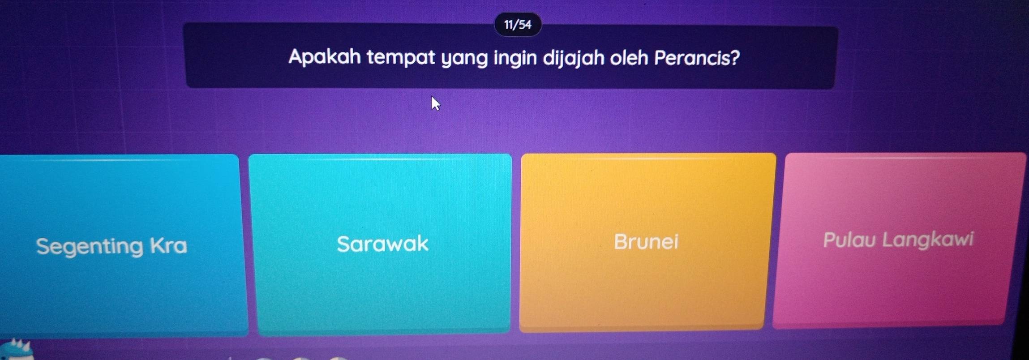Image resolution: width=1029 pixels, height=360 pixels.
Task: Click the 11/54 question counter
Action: click(x=518, y=25)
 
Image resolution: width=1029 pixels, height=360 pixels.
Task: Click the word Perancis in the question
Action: click(x=692, y=58)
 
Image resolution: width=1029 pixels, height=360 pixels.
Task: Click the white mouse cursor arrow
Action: click(x=435, y=103)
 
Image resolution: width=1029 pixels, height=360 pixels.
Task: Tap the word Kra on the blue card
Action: click(x=168, y=245)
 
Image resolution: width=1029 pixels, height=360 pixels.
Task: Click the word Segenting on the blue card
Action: click(x=90, y=247)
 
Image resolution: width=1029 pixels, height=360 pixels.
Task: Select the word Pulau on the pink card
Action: click(x=849, y=240)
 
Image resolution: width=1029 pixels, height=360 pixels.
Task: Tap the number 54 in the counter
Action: click(x=525, y=25)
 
